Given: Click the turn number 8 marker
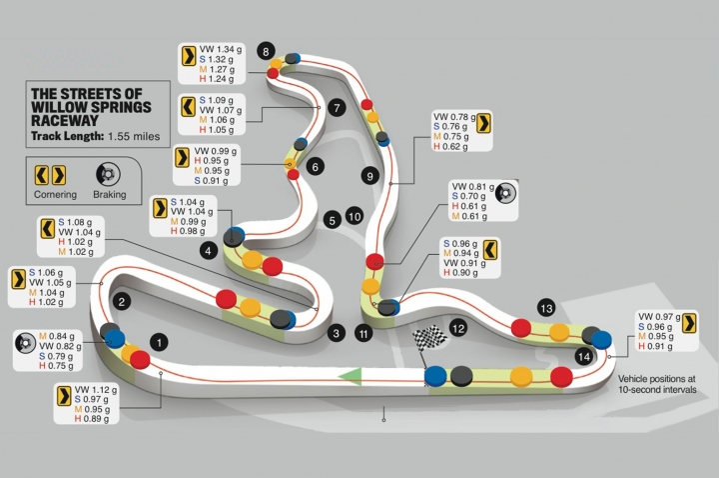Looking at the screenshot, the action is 266,51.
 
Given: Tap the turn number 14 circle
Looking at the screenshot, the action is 584,356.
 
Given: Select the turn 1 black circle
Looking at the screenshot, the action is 159,342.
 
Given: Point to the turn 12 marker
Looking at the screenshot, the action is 458,328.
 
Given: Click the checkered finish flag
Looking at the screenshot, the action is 429,339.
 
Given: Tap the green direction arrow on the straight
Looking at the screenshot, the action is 351,376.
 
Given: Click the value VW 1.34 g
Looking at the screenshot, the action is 220,49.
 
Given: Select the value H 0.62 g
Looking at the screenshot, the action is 450,146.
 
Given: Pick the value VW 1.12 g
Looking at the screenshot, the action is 96,389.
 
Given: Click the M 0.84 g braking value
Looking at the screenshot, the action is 56,336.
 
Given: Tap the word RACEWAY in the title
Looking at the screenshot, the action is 65,121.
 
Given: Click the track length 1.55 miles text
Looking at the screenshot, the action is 134,136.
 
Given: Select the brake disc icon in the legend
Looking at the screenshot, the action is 108,174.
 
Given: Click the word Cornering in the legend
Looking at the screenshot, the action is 55,194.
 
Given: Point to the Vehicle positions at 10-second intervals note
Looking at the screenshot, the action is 657,384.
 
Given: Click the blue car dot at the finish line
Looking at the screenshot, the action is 435,376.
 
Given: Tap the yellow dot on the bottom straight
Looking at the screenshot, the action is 521,377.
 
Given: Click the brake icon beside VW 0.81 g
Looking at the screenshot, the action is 505,193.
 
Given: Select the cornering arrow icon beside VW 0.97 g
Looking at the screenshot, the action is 689,322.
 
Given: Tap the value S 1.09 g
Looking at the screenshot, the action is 216,100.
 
